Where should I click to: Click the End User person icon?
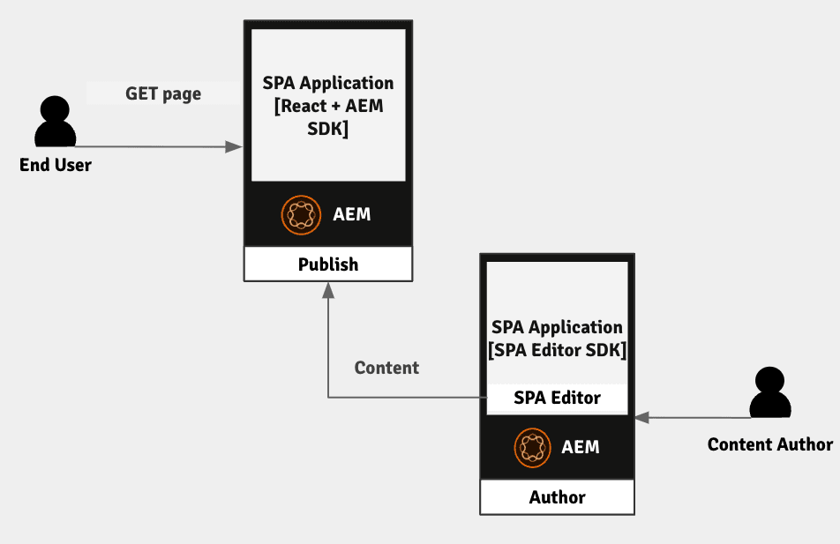coord(56,123)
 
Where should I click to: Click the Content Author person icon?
coord(769,393)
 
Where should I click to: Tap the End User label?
coord(56,165)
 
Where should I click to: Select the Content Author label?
coord(769,444)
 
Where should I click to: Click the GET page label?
coord(163,93)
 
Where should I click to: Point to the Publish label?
coord(328,265)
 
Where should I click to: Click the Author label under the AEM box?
coord(557,497)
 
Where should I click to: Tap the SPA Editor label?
coord(557,398)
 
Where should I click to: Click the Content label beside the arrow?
coord(386,368)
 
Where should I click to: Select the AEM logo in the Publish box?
coord(302,214)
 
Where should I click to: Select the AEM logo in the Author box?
coord(531,447)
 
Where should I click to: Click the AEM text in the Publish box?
coord(352,214)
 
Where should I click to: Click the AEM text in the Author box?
coord(581,447)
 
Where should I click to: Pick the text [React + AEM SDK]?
coord(328,117)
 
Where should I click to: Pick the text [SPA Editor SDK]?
coord(557,350)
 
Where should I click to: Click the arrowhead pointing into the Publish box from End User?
coord(234,146)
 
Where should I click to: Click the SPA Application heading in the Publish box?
coord(328,83)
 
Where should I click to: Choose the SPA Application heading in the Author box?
coord(557,327)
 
